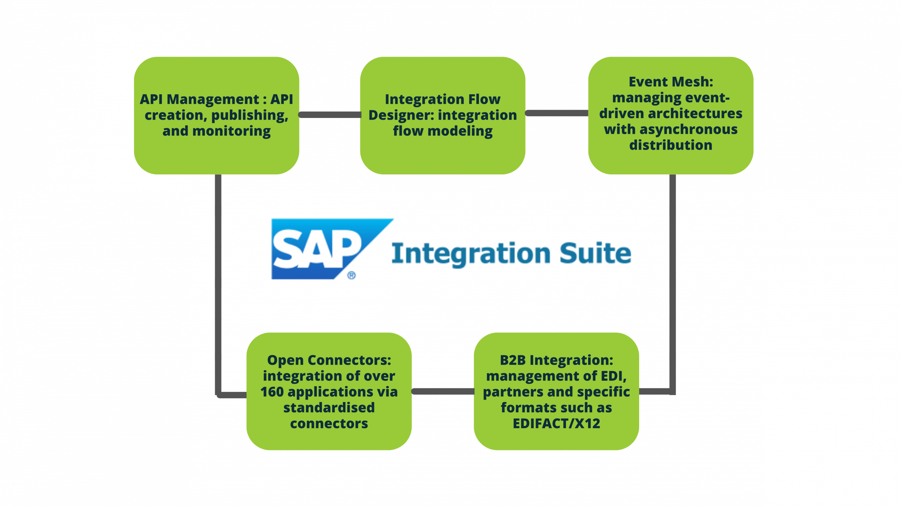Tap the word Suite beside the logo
pos(595,253)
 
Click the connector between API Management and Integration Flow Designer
pos(329,115)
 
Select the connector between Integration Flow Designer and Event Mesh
pos(557,113)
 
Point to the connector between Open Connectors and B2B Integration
pos(443,392)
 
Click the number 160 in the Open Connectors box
pos(272,392)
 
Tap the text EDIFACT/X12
pos(556,424)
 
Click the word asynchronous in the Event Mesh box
pos(688,130)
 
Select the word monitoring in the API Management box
pos(231,131)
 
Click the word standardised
pos(329,408)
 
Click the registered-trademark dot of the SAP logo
pos(352,275)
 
